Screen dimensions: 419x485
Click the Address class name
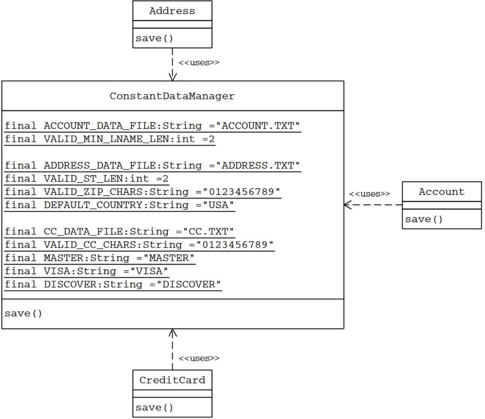[172, 11]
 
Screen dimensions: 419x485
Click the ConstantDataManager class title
[172, 96]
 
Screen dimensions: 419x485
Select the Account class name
[442, 192]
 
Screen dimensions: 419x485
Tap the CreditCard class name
[172, 380]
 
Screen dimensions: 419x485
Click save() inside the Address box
[154, 39]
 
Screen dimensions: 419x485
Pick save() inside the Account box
[424, 219]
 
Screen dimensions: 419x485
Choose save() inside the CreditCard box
[154, 407]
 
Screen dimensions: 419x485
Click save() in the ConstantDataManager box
[23, 313]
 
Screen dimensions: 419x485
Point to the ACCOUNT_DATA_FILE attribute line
[153, 126]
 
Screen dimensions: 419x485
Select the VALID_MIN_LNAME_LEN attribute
[110, 139]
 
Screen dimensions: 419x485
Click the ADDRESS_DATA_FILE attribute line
[153, 166]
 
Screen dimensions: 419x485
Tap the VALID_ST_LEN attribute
[87, 179]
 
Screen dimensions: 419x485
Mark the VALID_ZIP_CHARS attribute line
[142, 192]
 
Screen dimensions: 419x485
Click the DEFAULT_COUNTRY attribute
[120, 205]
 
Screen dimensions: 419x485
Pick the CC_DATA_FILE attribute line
[120, 232]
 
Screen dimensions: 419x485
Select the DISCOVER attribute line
[113, 285]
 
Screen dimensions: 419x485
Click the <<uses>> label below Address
[199, 63]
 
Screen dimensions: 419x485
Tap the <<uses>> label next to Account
[369, 194]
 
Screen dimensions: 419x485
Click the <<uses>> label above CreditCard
[199, 359]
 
